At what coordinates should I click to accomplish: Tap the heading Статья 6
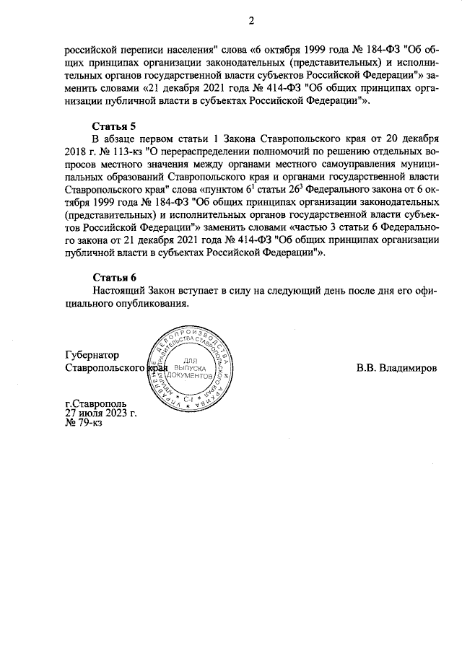click(114, 278)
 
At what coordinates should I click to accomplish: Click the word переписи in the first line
click(143, 50)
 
